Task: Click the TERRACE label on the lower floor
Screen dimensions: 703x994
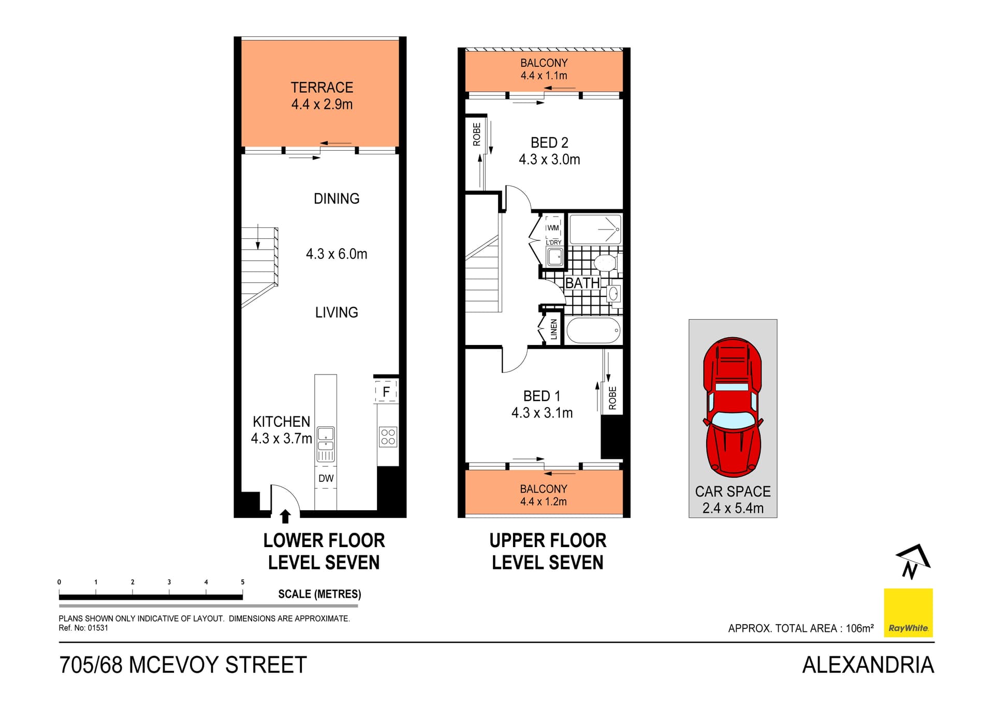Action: pos(321,88)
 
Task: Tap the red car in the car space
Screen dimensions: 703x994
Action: pos(732,407)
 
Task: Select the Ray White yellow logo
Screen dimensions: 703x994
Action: pos(908,613)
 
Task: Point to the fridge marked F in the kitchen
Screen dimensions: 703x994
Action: pos(386,392)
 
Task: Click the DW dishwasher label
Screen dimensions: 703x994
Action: pos(326,479)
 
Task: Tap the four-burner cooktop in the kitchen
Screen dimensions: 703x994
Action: pos(388,437)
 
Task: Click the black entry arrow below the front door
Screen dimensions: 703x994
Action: pos(285,516)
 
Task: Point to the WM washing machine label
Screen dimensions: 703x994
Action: pos(553,228)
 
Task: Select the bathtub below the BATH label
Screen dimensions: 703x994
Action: pos(593,331)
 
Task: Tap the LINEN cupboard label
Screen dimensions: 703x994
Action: pos(554,329)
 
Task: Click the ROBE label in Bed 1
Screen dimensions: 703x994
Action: pos(612,398)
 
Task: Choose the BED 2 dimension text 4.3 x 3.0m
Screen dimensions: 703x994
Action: pos(549,160)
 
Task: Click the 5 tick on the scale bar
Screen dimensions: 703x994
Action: pos(242,582)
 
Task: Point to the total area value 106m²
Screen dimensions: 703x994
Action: pos(859,628)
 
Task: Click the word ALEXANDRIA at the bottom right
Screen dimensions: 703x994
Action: pos(868,665)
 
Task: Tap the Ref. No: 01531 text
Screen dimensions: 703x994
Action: pos(83,628)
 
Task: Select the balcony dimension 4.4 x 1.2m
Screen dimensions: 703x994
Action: pos(543,501)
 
